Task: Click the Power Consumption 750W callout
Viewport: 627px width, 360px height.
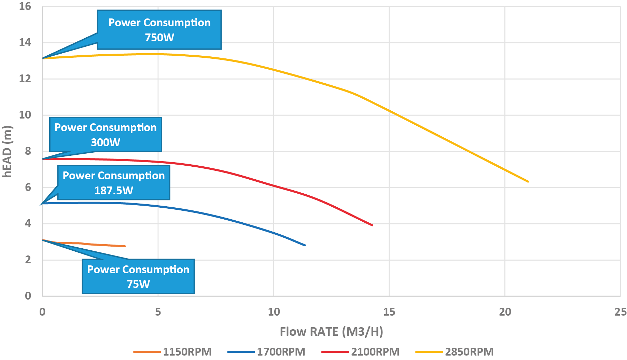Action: pyautogui.click(x=159, y=30)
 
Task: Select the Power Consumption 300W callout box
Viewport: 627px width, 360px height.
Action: pyautogui.click(x=106, y=135)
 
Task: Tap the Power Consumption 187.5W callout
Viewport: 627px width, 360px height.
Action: pyautogui.click(x=114, y=183)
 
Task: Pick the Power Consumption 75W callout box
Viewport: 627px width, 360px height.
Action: pyautogui.click(x=138, y=276)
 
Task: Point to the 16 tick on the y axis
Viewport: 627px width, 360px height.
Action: pyautogui.click(x=25, y=6)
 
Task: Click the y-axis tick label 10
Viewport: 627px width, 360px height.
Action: pyautogui.click(x=25, y=115)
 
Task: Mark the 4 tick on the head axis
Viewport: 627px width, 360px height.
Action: pyautogui.click(x=28, y=224)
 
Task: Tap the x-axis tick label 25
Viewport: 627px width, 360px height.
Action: pyautogui.click(x=620, y=312)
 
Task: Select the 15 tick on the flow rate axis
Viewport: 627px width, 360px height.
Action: pyautogui.click(x=389, y=312)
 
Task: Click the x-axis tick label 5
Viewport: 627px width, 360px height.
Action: pyautogui.click(x=158, y=312)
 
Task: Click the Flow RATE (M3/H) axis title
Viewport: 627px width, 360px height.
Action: pyautogui.click(x=331, y=332)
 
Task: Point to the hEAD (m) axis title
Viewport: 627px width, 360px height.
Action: pyautogui.click(x=7, y=151)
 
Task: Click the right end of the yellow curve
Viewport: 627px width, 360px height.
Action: pyautogui.click(x=528, y=181)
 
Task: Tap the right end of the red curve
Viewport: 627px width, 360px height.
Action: pyautogui.click(x=372, y=225)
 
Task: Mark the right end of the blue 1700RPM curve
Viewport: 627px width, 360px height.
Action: pyautogui.click(x=305, y=245)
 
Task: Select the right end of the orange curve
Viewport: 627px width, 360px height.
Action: pyautogui.click(x=125, y=246)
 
